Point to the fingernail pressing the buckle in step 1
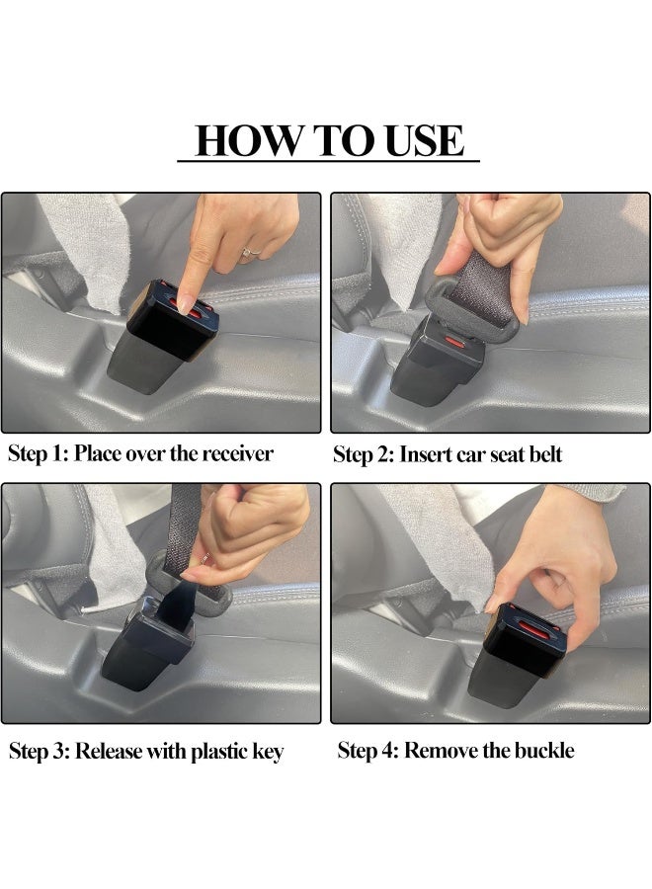tap(185, 303)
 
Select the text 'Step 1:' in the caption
tap(38, 454)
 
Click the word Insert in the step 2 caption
tap(425, 454)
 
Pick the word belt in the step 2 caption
tap(545, 454)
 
